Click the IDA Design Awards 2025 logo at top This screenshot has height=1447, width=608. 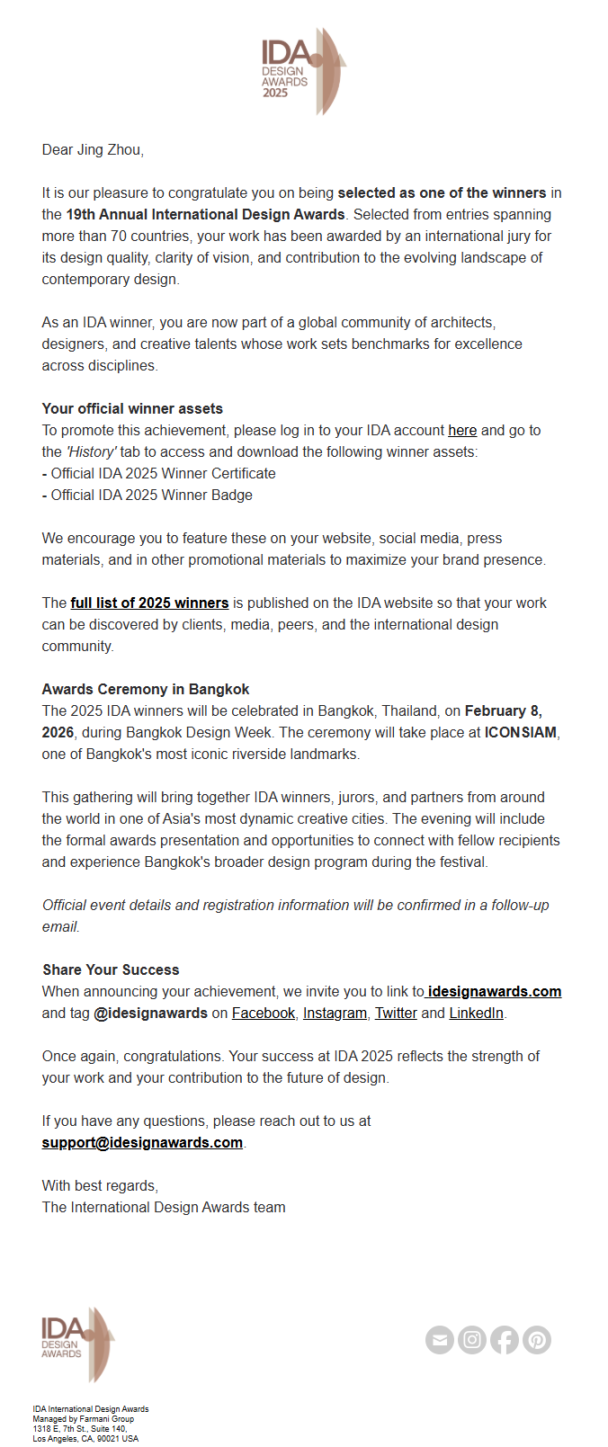click(x=303, y=71)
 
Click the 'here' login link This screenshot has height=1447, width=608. click(x=462, y=430)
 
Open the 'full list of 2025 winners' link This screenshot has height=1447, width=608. click(x=149, y=603)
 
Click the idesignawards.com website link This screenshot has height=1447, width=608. click(x=495, y=991)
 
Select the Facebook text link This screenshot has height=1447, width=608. click(x=264, y=1013)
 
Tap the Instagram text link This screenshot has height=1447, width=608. click(x=335, y=1013)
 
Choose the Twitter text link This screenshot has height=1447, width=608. click(x=396, y=1013)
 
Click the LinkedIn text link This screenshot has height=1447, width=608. click(x=476, y=1013)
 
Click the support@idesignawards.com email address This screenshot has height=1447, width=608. click(x=142, y=1142)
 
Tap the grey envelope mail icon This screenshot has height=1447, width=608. click(x=440, y=1340)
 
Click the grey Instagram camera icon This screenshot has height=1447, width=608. click(x=472, y=1340)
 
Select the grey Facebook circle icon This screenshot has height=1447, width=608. click(x=505, y=1340)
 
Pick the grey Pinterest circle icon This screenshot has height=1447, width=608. click(x=537, y=1340)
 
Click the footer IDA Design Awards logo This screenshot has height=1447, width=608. click(x=77, y=1344)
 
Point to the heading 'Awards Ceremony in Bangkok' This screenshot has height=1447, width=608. click(x=146, y=689)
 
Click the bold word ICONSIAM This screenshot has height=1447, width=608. click(x=521, y=732)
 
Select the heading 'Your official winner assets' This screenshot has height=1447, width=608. click(x=132, y=408)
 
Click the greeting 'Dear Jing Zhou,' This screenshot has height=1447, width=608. click(x=93, y=149)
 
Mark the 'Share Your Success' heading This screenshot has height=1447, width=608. click(x=111, y=969)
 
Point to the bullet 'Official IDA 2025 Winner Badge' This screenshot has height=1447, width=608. click(x=151, y=495)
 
